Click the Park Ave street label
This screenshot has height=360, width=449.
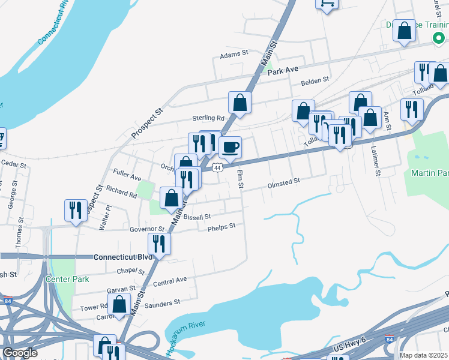coord(283,71)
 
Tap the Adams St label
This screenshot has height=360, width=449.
coord(234,53)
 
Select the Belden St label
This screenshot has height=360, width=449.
coord(315,79)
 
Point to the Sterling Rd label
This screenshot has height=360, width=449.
coord(208,118)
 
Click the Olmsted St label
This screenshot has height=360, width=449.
coord(283,180)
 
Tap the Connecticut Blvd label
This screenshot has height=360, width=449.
coord(123,257)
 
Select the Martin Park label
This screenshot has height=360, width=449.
coord(430,173)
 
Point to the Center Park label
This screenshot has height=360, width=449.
coord(67,279)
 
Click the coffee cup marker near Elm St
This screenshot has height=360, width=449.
coord(230,148)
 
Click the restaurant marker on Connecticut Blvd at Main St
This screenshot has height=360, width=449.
coord(159,243)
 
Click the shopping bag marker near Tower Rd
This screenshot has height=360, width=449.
coord(120,304)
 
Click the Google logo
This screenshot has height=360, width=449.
coord(20,353)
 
